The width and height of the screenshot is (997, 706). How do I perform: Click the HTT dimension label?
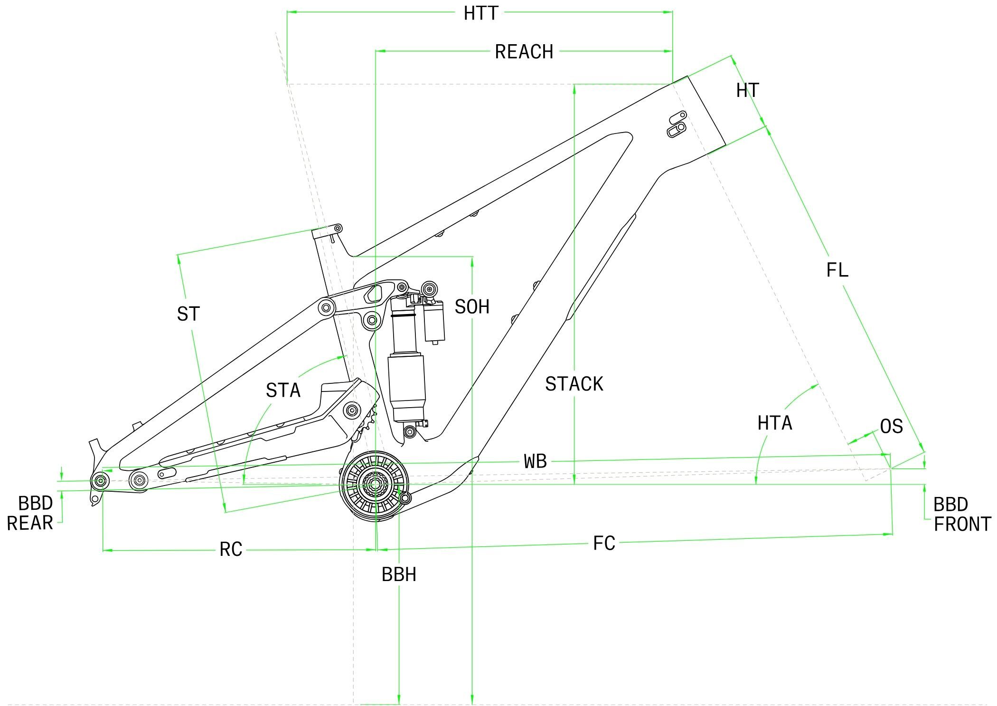click(x=480, y=13)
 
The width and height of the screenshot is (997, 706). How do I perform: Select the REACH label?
click(x=524, y=52)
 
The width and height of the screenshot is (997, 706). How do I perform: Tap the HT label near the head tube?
click(x=747, y=90)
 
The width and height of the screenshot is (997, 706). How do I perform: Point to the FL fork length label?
click(x=837, y=270)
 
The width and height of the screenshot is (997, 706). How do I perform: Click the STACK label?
click(x=574, y=384)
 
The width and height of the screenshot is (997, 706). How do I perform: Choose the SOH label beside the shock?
click(x=471, y=307)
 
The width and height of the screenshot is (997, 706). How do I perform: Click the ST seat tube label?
click(x=188, y=314)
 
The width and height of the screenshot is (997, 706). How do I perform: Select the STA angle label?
click(x=283, y=391)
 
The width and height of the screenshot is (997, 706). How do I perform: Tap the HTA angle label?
click(x=774, y=423)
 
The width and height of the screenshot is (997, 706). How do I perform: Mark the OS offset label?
click(x=891, y=427)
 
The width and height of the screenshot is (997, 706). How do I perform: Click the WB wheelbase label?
click(x=535, y=461)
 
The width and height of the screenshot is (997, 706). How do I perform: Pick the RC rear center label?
click(x=231, y=550)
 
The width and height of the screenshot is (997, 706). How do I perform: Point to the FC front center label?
click(x=604, y=543)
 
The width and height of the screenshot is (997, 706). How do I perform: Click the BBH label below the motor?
click(x=399, y=575)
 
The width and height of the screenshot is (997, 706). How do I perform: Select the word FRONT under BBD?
click(x=962, y=525)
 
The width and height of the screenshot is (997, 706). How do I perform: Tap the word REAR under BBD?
click(x=29, y=523)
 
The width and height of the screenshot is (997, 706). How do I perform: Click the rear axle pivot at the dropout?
click(x=100, y=481)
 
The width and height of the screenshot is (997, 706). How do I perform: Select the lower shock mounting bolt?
click(x=409, y=431)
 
